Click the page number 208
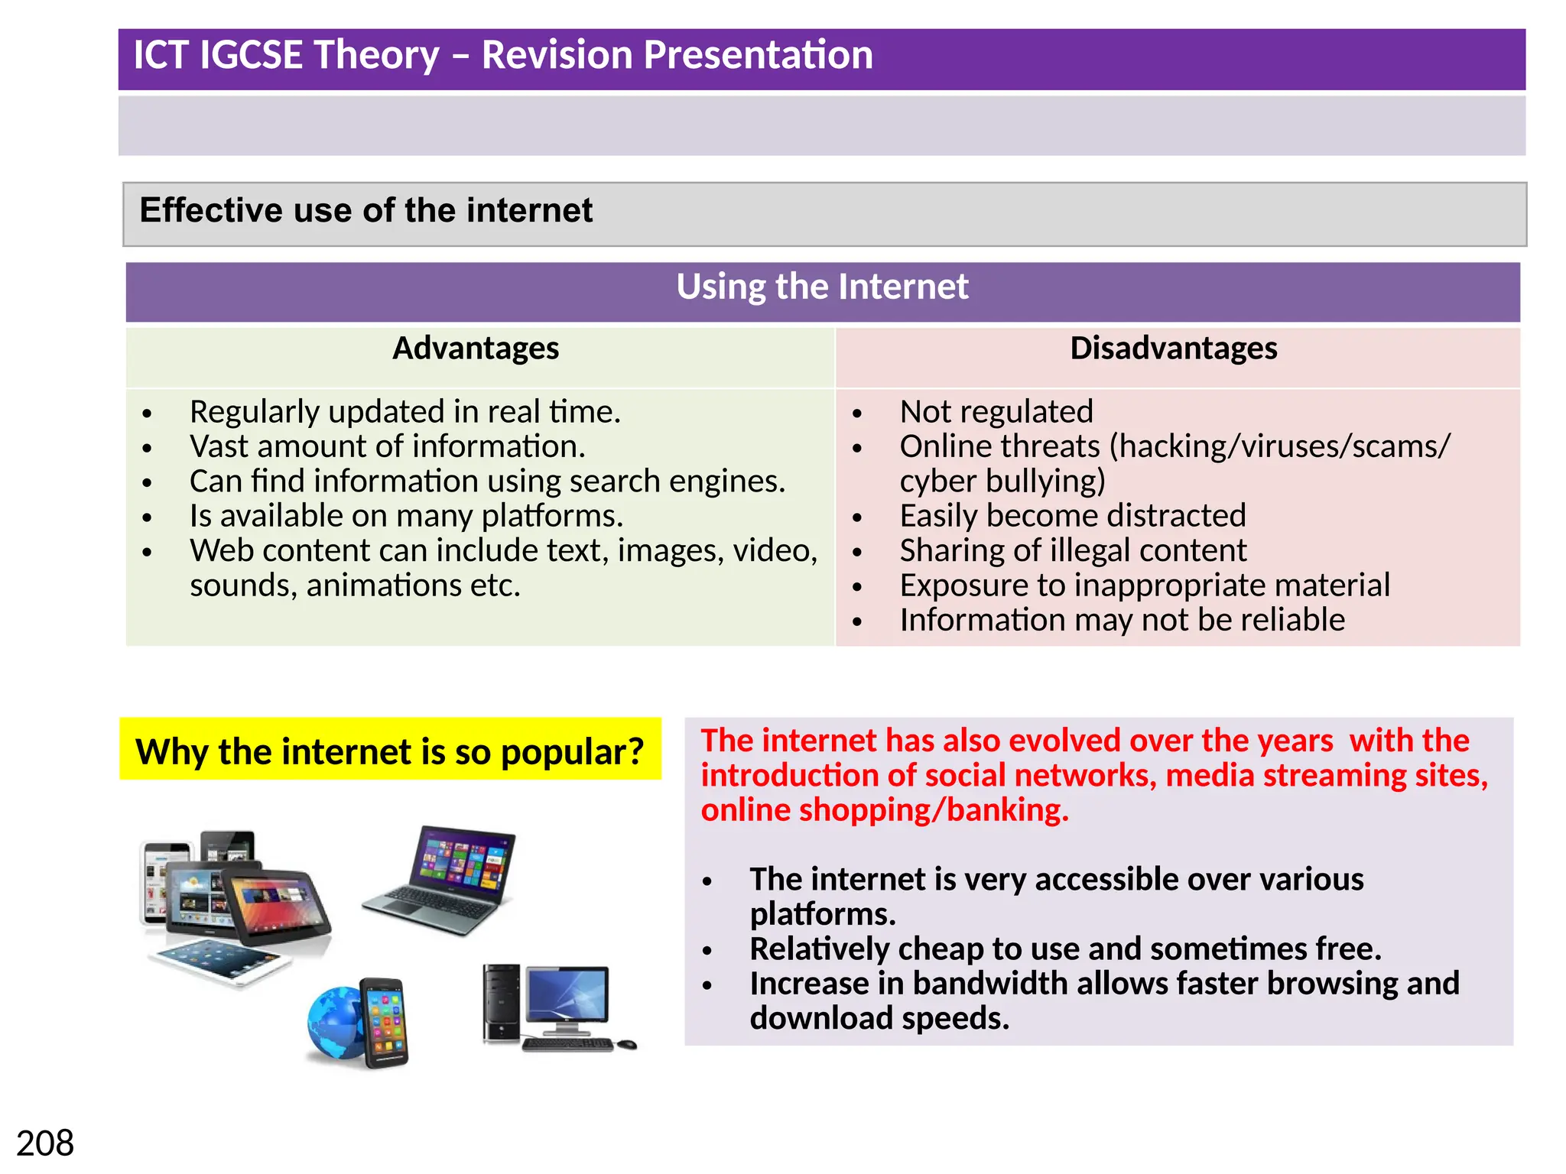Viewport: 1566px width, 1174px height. tap(45, 1143)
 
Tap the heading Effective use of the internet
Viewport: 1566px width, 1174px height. tap(366, 210)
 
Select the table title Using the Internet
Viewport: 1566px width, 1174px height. tap(822, 287)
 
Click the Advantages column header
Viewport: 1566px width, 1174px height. tap(476, 349)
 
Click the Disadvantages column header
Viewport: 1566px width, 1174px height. tap(1173, 349)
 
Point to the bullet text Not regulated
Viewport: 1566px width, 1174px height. tap(996, 412)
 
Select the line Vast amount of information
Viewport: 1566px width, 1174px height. tap(387, 446)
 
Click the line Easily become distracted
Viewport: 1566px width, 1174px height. tap(1072, 516)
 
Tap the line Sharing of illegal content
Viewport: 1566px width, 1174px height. tap(1072, 551)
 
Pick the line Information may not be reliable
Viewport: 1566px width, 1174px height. tap(1122, 620)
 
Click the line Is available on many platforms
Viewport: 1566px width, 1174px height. tap(406, 516)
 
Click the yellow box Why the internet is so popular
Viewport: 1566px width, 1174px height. tap(390, 751)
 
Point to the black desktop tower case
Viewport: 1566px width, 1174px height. tap(501, 1003)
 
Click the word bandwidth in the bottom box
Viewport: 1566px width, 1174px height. tap(993, 984)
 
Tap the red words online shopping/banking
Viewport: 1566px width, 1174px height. tap(884, 810)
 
